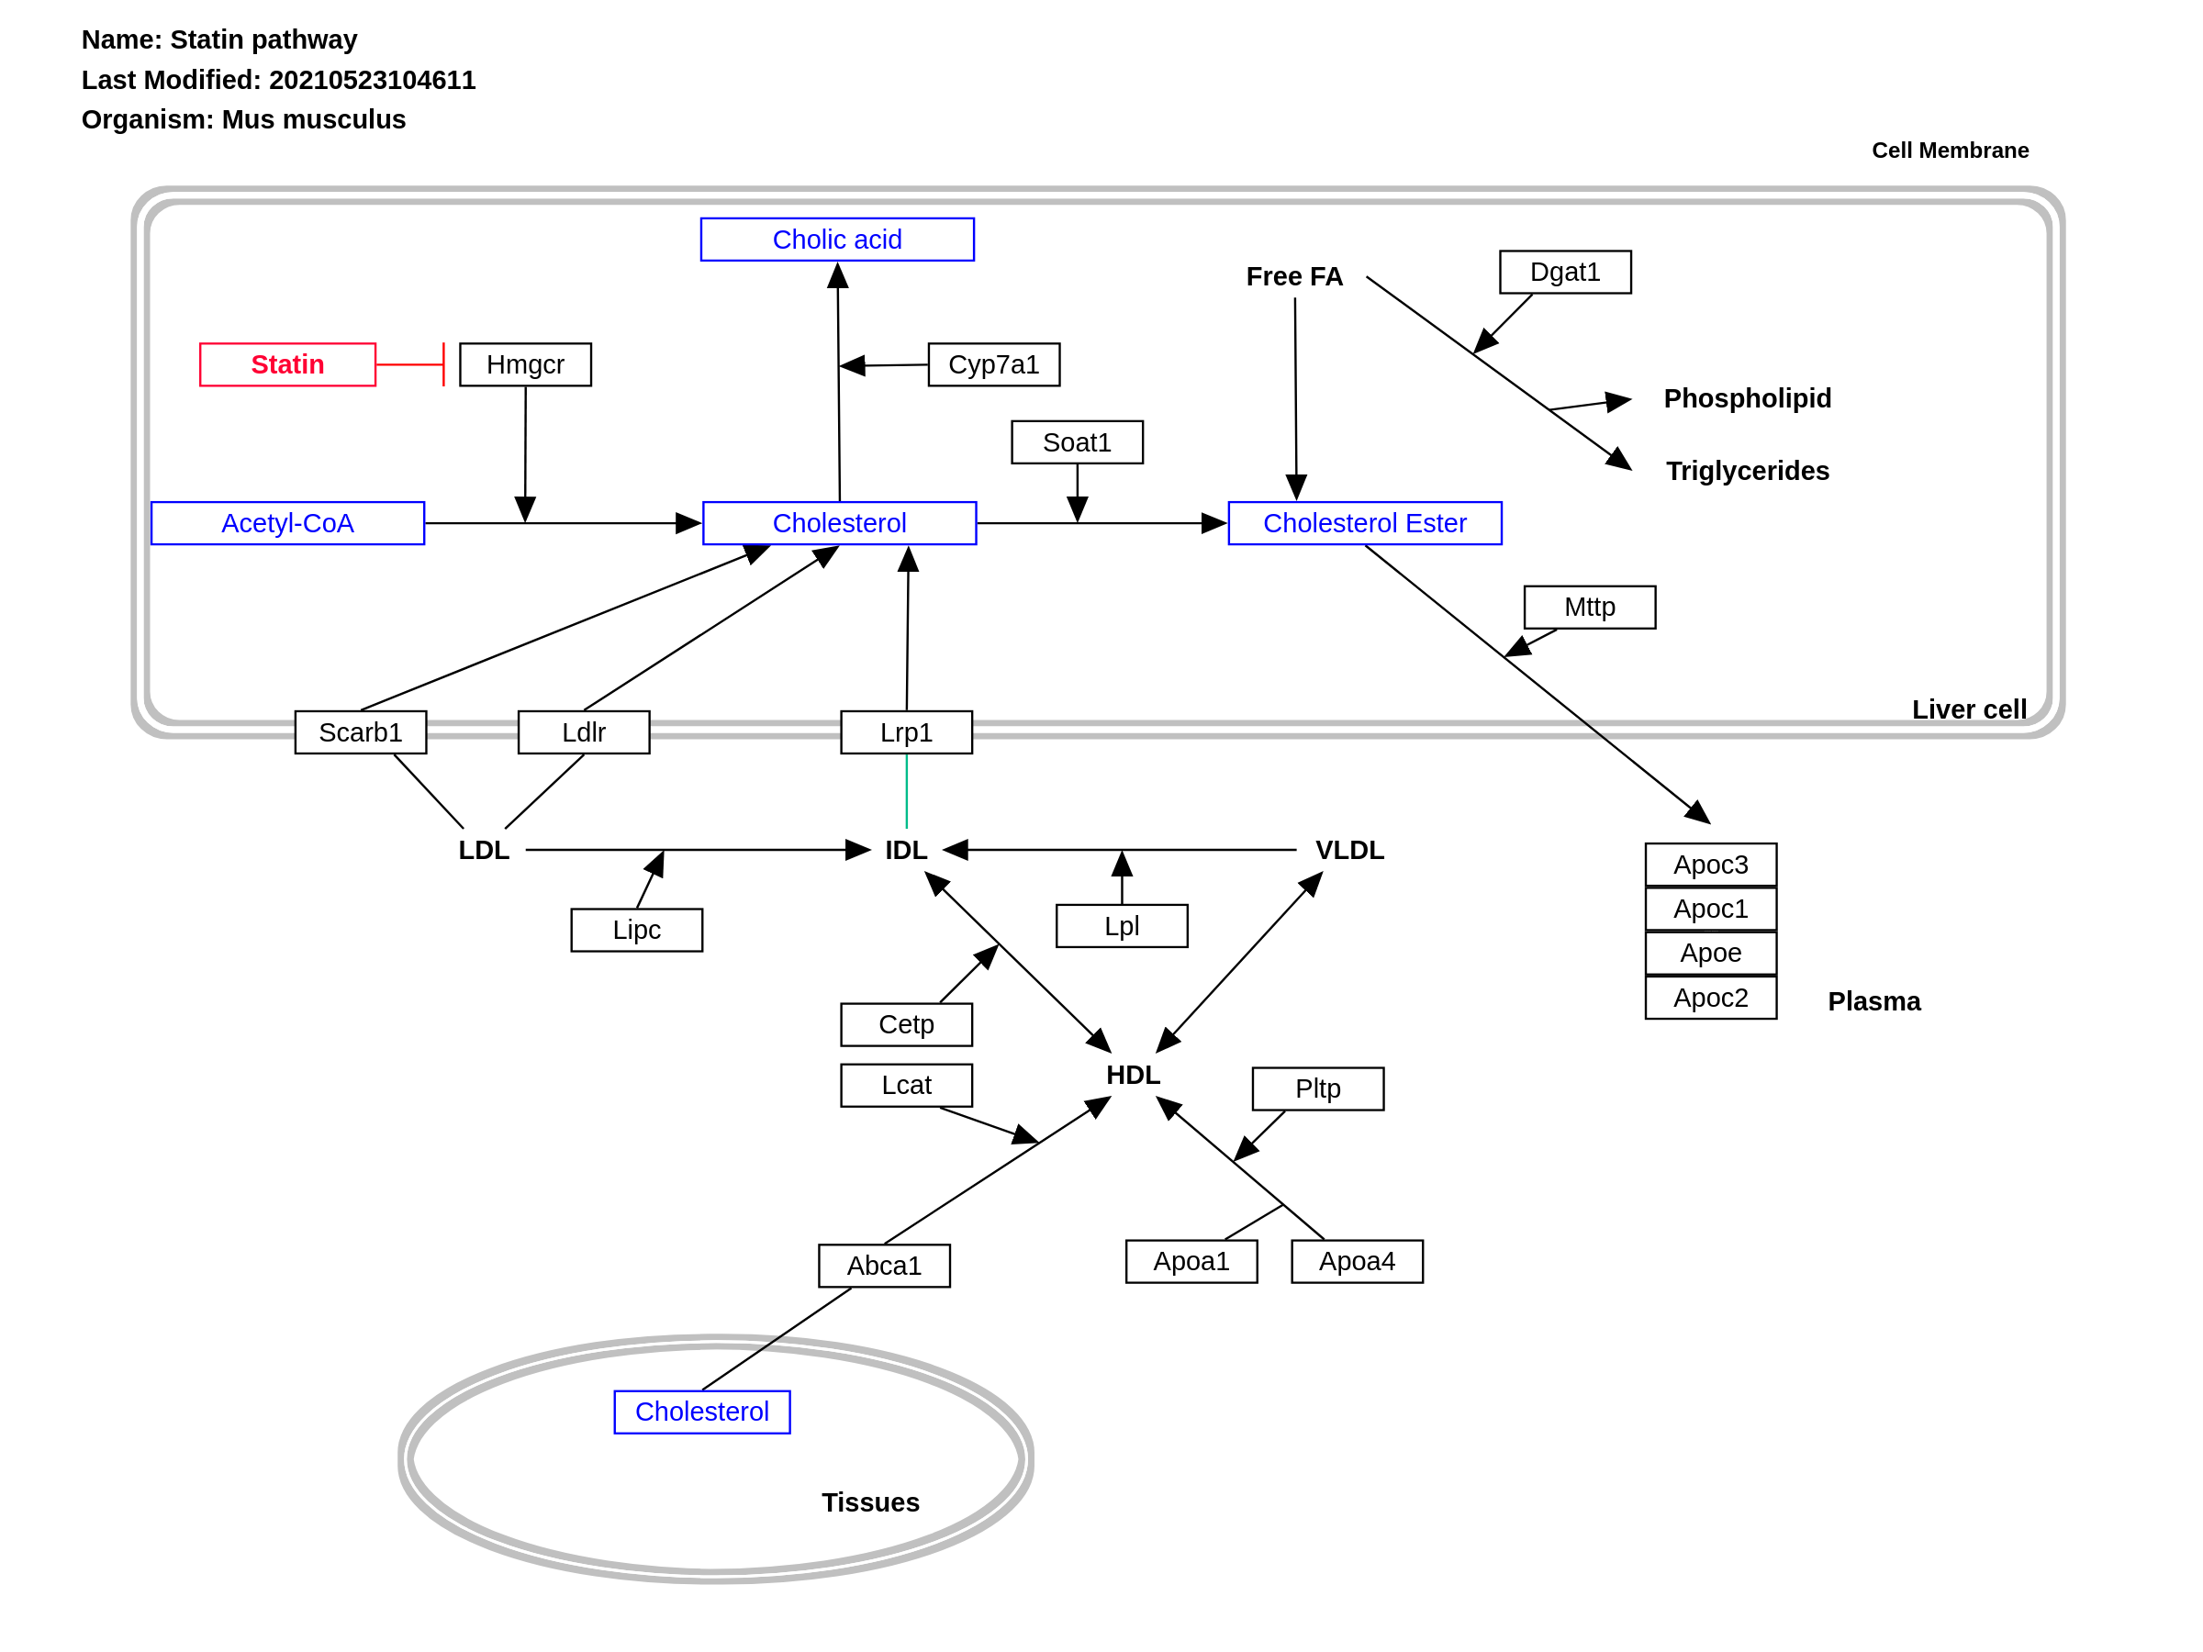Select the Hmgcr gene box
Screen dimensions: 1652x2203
(525, 364)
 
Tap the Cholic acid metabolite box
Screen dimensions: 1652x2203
(836, 240)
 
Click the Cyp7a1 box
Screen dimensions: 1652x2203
(993, 364)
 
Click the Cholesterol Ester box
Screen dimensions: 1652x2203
(1364, 523)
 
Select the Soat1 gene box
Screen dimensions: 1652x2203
(1077, 442)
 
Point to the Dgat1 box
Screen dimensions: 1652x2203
(1565, 272)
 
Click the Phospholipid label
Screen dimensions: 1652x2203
(1747, 398)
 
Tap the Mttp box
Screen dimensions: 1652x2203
(1590, 607)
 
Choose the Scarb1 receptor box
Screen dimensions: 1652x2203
(361, 731)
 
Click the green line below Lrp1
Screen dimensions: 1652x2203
(906, 792)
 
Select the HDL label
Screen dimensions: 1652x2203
(1133, 1075)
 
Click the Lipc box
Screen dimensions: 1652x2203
(636, 929)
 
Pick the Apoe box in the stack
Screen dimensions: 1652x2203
(1710, 953)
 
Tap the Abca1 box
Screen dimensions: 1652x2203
(883, 1266)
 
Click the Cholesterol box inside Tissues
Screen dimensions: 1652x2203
(701, 1411)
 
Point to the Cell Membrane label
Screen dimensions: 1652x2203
(1949, 151)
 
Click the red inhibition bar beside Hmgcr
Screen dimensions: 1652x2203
(443, 364)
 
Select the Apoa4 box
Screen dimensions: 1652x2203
(1357, 1262)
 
